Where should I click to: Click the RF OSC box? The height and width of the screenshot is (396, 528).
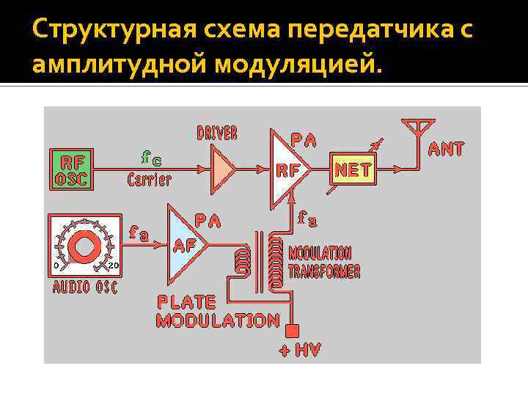(x=71, y=169)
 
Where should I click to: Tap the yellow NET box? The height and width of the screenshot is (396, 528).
(x=353, y=171)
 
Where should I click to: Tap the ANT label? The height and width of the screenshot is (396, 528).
(x=446, y=149)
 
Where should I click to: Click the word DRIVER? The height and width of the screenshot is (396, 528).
(x=217, y=133)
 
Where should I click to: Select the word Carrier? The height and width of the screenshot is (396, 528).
(x=150, y=179)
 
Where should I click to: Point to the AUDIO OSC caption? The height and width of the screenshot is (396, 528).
(x=85, y=287)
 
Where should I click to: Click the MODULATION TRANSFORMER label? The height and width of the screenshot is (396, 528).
(x=324, y=262)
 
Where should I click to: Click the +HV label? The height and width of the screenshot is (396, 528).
(x=300, y=350)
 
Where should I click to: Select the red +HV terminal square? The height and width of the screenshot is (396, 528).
(x=293, y=329)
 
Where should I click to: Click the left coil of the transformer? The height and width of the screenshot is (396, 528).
(x=240, y=261)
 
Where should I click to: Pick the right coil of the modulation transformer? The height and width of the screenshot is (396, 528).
(x=276, y=260)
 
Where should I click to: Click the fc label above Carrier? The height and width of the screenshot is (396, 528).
(x=152, y=158)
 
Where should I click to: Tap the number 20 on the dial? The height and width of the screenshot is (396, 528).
(x=114, y=265)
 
